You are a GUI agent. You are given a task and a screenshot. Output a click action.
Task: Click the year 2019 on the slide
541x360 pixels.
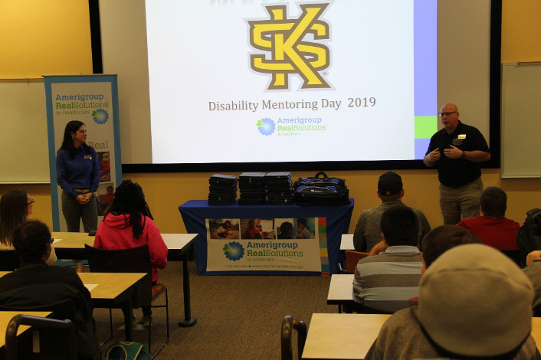362,103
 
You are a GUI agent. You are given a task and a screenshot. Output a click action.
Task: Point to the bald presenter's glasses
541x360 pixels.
448,114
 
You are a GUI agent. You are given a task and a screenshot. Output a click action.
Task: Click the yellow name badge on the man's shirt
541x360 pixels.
462,136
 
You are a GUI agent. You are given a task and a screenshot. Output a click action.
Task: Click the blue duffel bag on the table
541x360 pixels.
320,189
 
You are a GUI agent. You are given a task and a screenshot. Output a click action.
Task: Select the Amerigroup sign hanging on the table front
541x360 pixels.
263,244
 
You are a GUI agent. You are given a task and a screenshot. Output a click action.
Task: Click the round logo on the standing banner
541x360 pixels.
100,116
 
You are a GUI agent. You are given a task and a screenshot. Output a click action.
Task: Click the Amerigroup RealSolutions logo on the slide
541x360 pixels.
292,126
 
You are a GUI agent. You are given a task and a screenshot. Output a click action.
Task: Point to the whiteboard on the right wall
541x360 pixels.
521,119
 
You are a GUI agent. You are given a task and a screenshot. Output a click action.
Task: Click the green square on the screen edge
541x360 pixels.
425,126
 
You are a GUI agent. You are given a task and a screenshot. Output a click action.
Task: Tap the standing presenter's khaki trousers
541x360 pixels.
461,202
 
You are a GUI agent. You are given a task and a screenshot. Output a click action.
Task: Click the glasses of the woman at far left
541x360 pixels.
29,201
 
